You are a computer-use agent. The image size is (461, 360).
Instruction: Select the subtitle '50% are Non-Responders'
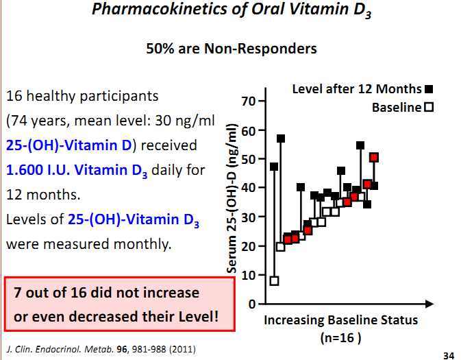pyautogui.click(x=231, y=49)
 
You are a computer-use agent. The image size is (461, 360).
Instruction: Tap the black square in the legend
pyautogui.click(x=429, y=89)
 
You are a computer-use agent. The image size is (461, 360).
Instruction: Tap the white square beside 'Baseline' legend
pyautogui.click(x=429, y=108)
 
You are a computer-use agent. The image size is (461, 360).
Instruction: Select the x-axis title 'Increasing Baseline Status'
pyautogui.click(x=340, y=320)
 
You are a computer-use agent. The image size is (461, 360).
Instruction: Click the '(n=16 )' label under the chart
pyautogui.click(x=340, y=337)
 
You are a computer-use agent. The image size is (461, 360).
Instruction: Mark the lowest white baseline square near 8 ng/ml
pyautogui.click(x=274, y=280)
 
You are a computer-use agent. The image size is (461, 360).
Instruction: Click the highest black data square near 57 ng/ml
pyautogui.click(x=281, y=139)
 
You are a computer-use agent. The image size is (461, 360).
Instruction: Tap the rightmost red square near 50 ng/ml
pyautogui.click(x=374, y=158)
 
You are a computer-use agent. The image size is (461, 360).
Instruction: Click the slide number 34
pyautogui.click(x=449, y=355)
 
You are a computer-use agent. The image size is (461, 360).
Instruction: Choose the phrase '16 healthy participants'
pyautogui.click(x=82, y=96)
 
